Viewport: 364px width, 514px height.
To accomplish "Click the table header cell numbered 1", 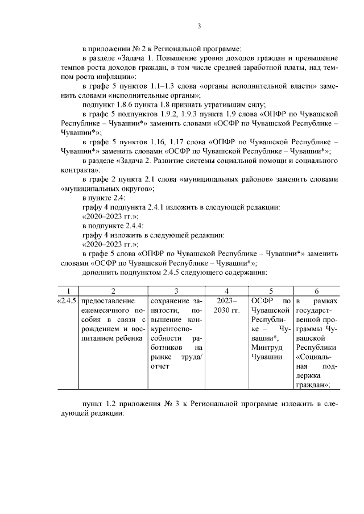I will pos(69,290).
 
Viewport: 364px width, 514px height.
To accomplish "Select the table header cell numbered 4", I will pos(227,290).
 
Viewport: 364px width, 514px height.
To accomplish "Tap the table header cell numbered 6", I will pos(316,290).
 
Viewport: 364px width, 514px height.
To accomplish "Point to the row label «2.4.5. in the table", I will pos(69,300).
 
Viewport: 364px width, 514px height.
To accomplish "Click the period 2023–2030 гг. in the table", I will pos(227,306).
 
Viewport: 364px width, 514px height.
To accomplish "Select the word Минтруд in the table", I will pos(266,347).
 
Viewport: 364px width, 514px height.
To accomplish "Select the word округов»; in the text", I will pos(136,188).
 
